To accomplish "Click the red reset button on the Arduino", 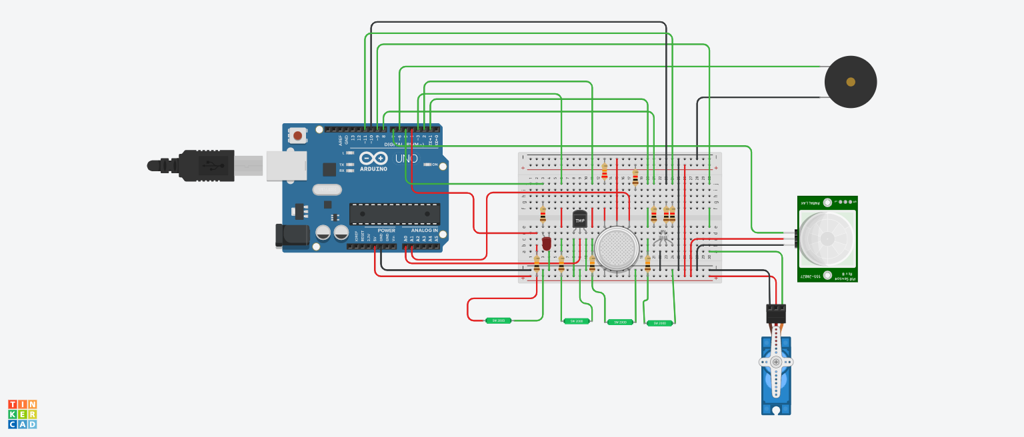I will pyautogui.click(x=297, y=136).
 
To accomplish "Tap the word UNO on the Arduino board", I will pyautogui.click(x=406, y=159).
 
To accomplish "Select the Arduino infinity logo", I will pyautogui.click(x=373, y=158).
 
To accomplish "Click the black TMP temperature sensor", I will pyautogui.click(x=580, y=218).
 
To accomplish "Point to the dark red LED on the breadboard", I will pyautogui.click(x=547, y=243).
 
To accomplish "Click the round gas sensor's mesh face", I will pyautogui.click(x=617, y=248).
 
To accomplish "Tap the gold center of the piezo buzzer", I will pyautogui.click(x=850, y=82).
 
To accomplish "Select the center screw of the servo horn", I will pyautogui.click(x=776, y=362).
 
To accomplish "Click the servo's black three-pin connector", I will pyautogui.click(x=776, y=313).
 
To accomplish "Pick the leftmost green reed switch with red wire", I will pyautogui.click(x=498, y=320).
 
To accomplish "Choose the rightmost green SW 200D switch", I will pyautogui.click(x=660, y=323).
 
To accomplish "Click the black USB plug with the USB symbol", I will pyautogui.click(x=207, y=165).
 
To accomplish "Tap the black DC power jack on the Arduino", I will pyautogui.click(x=292, y=236).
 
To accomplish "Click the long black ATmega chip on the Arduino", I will pyautogui.click(x=395, y=214).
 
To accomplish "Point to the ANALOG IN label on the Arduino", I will pyautogui.click(x=425, y=230).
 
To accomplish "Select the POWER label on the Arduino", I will pyautogui.click(x=386, y=230).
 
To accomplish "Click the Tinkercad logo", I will pyautogui.click(x=22, y=414).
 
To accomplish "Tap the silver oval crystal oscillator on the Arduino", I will pyautogui.click(x=327, y=190).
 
